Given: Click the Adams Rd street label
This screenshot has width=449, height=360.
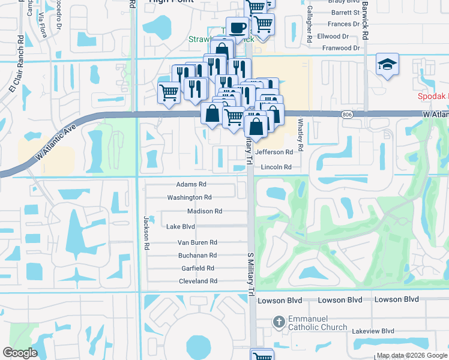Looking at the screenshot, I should pyautogui.click(x=191, y=185).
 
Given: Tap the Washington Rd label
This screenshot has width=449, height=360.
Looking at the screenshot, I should pyautogui.click(x=189, y=197).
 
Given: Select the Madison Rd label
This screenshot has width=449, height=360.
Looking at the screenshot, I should pyautogui.click(x=205, y=211).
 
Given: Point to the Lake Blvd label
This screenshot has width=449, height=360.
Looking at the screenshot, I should pyautogui.click(x=180, y=226).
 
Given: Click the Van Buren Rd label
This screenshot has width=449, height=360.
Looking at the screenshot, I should pyautogui.click(x=197, y=242).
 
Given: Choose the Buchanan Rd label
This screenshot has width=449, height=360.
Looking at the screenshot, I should pyautogui.click(x=197, y=255).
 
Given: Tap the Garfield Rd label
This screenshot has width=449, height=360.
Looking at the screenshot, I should pyautogui.click(x=198, y=268).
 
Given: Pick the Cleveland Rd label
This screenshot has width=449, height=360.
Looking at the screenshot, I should pyautogui.click(x=197, y=281).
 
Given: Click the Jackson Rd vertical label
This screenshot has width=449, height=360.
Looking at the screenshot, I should pyautogui.click(x=145, y=229).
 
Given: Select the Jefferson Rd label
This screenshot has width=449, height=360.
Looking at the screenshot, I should pyautogui.click(x=274, y=152).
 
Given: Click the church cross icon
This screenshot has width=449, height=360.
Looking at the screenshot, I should pyautogui.click(x=279, y=322).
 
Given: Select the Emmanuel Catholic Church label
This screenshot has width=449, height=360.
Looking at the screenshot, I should pyautogui.click(x=318, y=323).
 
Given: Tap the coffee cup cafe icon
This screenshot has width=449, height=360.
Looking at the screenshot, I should pyautogui.click(x=237, y=28).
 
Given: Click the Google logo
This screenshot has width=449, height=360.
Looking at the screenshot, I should pyautogui.click(x=20, y=353).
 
